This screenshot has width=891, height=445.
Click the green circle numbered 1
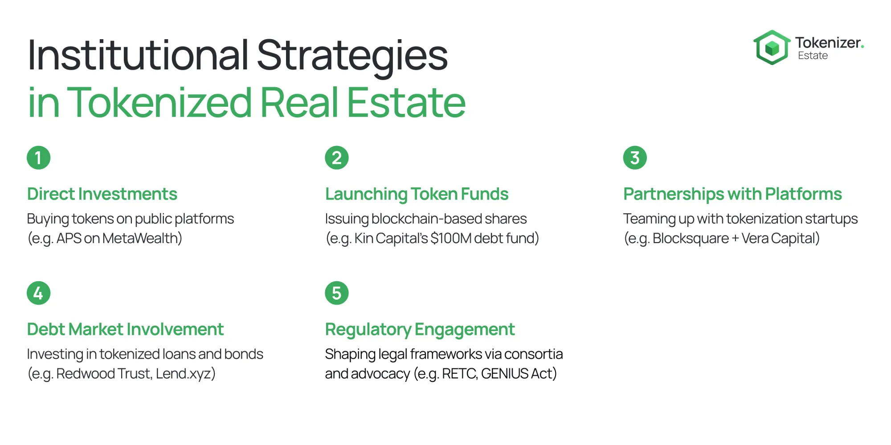point(39,158)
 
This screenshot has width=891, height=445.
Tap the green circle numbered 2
point(337,158)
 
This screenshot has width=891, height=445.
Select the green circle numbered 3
point(635,158)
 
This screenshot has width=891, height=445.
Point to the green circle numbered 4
point(39,293)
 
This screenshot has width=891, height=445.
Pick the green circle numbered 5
point(337,293)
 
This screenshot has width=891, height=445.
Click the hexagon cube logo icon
point(772,47)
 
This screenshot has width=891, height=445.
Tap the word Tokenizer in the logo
point(828,43)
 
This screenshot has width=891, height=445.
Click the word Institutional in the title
point(138,55)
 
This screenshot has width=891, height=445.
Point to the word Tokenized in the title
point(159,102)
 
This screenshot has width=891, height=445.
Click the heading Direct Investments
point(102,194)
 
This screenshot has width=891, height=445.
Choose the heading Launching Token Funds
point(417,194)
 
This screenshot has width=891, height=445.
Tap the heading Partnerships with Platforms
point(732,194)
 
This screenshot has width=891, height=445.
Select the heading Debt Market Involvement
point(125,329)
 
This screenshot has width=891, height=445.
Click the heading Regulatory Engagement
point(420,330)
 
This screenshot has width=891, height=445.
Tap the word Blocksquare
point(691,239)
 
